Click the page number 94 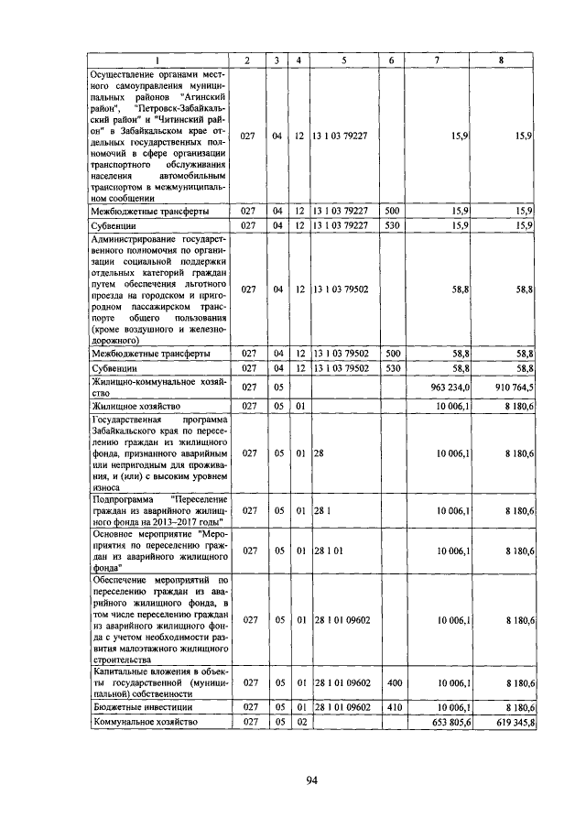[311, 780]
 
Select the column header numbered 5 [343, 60]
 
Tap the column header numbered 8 [500, 60]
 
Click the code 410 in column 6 [392, 707]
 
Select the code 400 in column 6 [392, 682]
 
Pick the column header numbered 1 [157, 60]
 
